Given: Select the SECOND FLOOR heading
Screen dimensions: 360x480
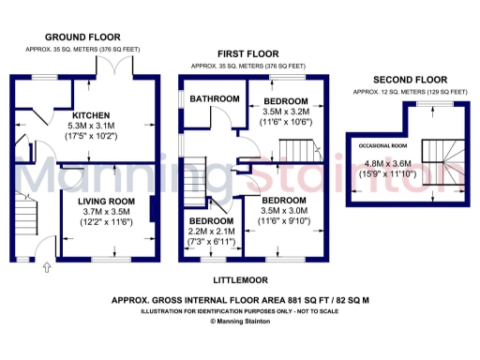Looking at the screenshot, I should [x=410, y=81].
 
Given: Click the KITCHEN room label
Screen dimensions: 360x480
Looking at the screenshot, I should [x=92, y=115].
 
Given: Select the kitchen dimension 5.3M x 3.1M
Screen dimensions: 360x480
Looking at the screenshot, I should [x=92, y=126].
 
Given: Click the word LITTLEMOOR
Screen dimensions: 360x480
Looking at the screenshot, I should [x=247, y=279].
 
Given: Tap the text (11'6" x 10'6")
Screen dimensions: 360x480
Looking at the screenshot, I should [x=286, y=122].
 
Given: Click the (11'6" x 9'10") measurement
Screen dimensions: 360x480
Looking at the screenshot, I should [x=283, y=221].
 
